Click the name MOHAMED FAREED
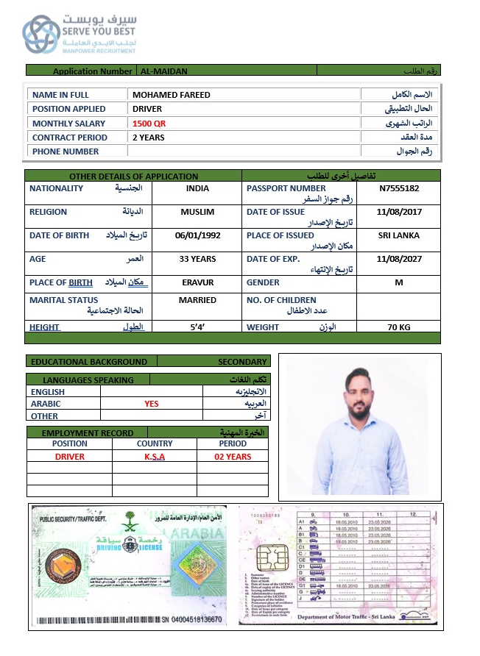pos(171,95)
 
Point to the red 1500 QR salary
pos(149,124)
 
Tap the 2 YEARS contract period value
pos(149,138)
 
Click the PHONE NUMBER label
pos(66,151)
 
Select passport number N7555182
pos(399,188)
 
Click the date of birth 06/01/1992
pos(197,236)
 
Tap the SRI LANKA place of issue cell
pos(398,235)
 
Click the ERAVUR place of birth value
pos(197,282)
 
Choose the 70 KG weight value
pos(398,327)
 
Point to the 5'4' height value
pos(197,327)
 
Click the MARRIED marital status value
pos(197,300)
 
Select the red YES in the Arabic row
pos(152,404)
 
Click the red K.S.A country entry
pos(155,457)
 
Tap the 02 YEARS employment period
pos(233,457)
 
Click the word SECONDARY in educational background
pos(242,362)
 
